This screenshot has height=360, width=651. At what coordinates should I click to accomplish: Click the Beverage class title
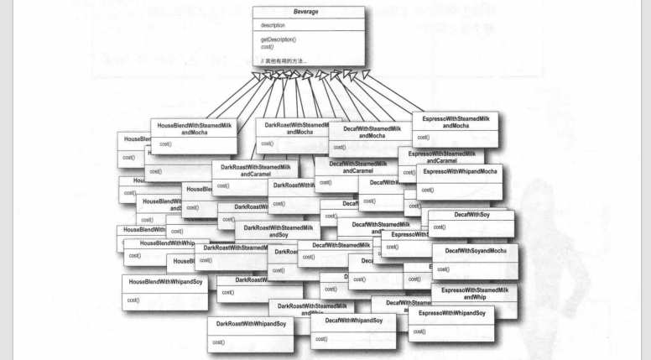point(308,14)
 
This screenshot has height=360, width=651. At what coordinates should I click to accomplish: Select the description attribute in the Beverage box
point(273,26)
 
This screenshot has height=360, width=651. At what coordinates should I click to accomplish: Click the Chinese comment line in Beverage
point(284,60)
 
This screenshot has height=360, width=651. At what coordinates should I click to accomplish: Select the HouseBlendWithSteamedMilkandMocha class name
point(194,128)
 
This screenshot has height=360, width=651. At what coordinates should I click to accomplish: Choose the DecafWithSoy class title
point(471,216)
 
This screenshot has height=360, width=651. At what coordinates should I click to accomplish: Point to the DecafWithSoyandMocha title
point(475,251)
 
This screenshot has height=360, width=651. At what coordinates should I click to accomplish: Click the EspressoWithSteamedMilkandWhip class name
point(474,293)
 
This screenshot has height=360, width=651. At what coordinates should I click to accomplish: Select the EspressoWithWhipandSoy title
point(452,313)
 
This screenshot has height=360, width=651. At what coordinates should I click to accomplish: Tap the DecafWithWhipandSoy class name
point(354,321)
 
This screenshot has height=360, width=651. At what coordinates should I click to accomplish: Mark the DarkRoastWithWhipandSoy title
point(250,323)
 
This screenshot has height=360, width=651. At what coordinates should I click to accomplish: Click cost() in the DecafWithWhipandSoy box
point(320,339)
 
